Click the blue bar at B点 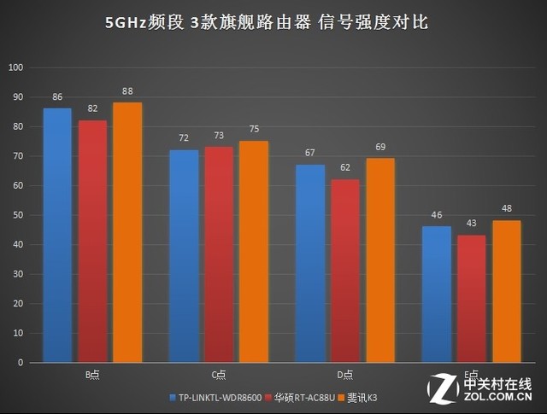[57, 235]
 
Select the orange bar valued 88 [127, 232]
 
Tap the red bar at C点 [219, 254]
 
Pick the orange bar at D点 [380, 260]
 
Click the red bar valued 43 [472, 299]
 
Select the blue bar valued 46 [437, 294]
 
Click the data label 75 [254, 131]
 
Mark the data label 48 [507, 210]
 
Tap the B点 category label [92, 375]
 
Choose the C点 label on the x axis [219, 375]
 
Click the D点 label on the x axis [345, 375]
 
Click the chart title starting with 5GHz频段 [273, 23]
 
